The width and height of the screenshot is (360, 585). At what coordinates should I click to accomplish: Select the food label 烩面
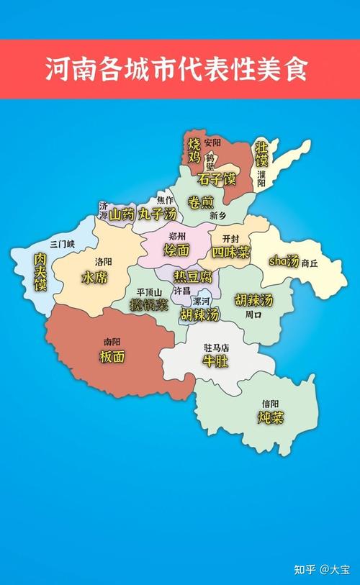(177, 250)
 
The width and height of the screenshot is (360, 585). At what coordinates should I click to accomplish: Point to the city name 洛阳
(104, 263)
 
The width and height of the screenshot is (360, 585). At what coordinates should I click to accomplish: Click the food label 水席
(94, 278)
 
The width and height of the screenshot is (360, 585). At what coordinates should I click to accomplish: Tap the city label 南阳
(112, 342)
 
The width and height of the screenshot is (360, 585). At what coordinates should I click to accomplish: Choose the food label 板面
(112, 356)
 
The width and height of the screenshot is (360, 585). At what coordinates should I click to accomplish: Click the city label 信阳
(270, 403)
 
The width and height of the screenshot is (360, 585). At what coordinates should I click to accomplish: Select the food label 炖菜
(271, 417)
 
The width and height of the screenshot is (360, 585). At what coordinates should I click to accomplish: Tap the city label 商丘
(310, 263)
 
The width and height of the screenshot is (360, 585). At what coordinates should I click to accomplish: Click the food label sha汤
(284, 261)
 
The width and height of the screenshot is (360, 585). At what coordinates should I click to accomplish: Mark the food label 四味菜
(230, 252)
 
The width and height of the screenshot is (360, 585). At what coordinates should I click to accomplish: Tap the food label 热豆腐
(193, 276)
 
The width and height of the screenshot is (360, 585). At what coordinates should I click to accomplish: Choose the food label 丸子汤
(158, 214)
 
